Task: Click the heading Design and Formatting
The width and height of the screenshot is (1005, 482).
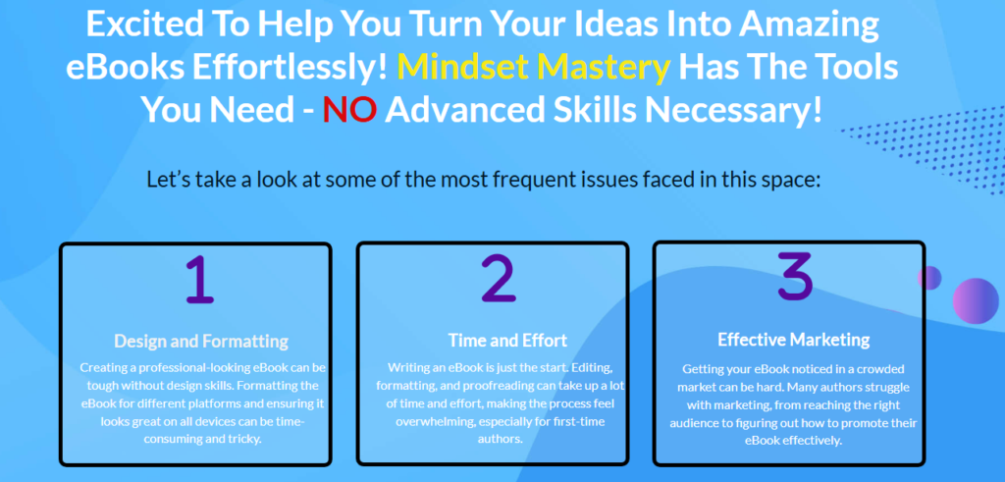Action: point(201,342)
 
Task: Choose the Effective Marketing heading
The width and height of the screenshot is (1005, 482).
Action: point(793,340)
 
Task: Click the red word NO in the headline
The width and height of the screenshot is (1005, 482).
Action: point(349,109)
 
